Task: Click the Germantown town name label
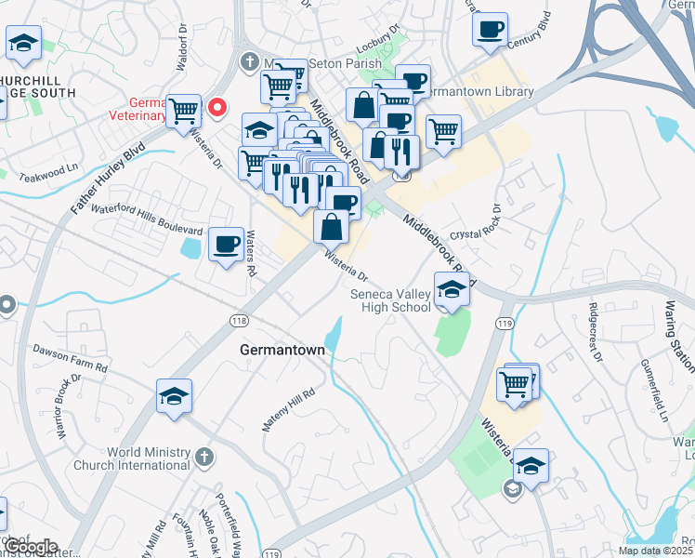282,351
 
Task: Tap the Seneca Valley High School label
390,301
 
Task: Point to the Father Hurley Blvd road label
110,179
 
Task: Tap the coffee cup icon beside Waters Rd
226,245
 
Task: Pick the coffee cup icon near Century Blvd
489,29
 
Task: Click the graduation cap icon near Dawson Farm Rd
174,397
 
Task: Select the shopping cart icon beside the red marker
184,111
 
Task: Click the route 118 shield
238,319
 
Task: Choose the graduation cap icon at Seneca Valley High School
452,290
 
